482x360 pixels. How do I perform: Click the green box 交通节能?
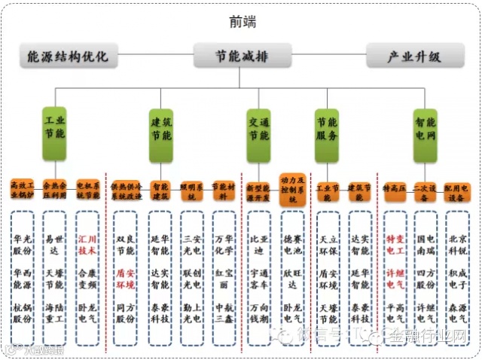point(259,127)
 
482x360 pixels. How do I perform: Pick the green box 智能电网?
point(425,127)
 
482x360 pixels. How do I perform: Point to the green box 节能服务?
point(327,127)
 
